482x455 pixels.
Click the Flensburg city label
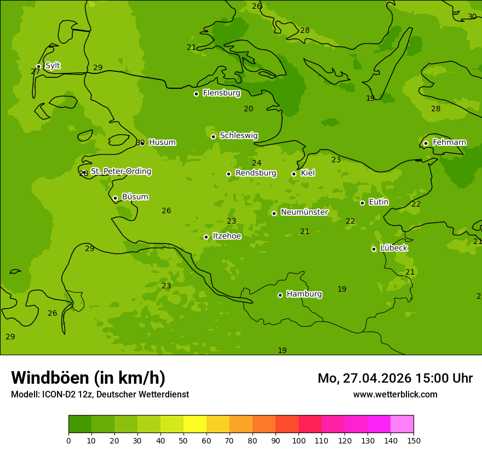(x=221, y=93)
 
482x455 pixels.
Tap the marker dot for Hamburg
(x=280, y=295)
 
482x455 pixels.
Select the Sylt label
(x=53, y=66)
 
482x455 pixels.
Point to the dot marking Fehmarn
(x=426, y=143)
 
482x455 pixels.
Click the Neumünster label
(x=304, y=212)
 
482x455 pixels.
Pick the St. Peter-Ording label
(x=120, y=172)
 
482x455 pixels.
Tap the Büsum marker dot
(x=115, y=198)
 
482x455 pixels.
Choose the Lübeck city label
(x=393, y=248)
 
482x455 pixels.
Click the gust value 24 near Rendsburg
(x=256, y=163)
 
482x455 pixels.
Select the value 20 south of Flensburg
(x=248, y=109)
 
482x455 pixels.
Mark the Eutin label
(x=378, y=202)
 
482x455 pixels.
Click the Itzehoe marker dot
(x=206, y=237)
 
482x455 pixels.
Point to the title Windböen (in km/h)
(x=88, y=378)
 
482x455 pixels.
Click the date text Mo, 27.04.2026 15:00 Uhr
(x=395, y=378)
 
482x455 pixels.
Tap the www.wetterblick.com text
(x=395, y=394)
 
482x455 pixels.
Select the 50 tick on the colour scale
(x=183, y=440)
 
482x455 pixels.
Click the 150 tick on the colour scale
(x=414, y=440)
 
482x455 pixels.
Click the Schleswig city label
(x=238, y=135)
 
